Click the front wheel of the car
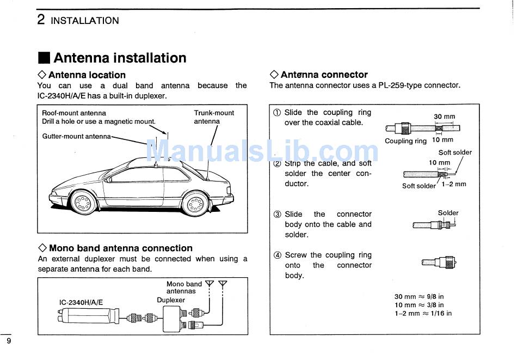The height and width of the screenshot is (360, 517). tap(84, 203)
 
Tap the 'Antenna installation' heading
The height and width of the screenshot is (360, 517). tap(120, 58)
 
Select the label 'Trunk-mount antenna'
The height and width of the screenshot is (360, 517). tap(214, 117)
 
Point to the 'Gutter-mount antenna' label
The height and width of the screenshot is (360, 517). tap(76, 136)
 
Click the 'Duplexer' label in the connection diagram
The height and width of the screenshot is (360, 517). tap(171, 300)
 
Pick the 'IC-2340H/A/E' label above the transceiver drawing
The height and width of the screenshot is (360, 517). tap(81, 302)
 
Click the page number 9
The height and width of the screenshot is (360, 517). tap(9, 341)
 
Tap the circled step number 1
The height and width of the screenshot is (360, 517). tap(277, 113)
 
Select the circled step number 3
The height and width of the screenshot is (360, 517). tap(277, 215)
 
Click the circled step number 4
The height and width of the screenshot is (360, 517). tap(277, 255)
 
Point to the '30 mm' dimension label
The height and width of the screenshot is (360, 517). tap(444, 117)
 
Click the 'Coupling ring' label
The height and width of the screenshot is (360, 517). tap(405, 141)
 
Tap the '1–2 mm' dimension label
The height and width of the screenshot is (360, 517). tap(454, 184)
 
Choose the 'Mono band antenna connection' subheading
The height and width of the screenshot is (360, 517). tap(120, 248)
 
